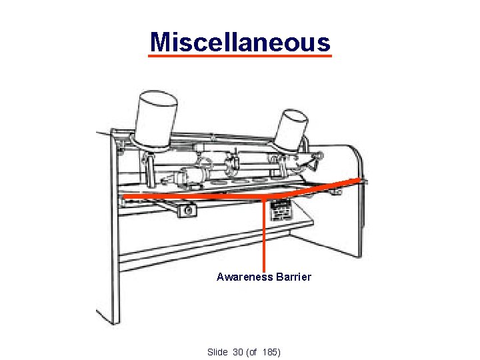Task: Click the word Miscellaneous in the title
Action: click(240, 41)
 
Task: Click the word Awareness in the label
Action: click(243, 277)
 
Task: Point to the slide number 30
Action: click(238, 351)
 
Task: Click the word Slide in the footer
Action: click(218, 351)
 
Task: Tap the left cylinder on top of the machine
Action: click(156, 117)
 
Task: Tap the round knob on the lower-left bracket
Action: click(189, 211)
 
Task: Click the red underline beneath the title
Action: click(240, 57)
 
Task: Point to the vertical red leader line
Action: click(265, 233)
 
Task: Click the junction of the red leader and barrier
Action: click(265, 198)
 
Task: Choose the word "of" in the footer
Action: click(252, 351)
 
